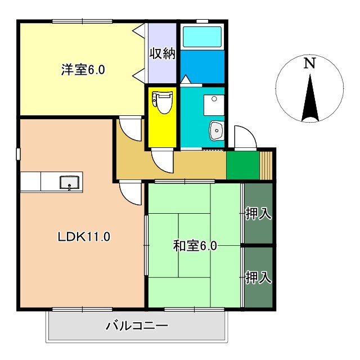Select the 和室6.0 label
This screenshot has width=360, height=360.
point(195,246)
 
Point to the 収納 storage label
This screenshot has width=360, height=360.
point(162,54)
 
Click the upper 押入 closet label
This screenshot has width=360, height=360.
point(259,214)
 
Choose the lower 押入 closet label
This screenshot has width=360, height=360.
point(259,277)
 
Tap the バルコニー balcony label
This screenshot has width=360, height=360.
point(137,326)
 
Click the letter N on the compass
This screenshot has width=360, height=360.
point(309,64)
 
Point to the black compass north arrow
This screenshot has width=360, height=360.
point(309,98)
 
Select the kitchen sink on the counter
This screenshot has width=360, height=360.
point(70,182)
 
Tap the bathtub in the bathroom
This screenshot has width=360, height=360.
point(202,37)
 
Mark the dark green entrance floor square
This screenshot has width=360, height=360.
point(242,164)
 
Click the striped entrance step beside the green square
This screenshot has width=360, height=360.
point(267,164)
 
